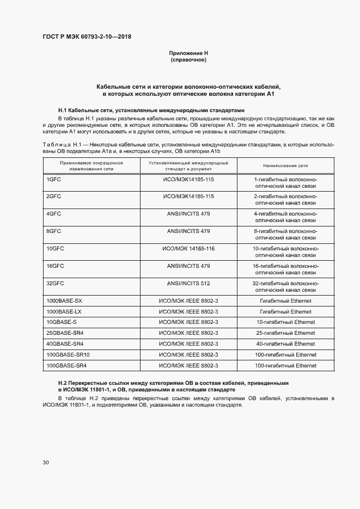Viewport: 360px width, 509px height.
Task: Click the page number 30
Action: click(46, 462)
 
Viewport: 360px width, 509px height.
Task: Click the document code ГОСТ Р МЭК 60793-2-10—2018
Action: click(87, 37)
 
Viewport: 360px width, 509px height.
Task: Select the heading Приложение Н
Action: click(188, 53)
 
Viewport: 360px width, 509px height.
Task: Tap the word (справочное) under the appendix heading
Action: click(188, 59)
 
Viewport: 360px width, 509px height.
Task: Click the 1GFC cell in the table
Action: click(53, 179)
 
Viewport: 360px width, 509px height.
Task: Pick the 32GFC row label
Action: click(56, 283)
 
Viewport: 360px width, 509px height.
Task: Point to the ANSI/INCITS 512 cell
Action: click(188, 283)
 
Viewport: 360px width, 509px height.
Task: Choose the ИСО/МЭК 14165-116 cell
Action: click(188, 248)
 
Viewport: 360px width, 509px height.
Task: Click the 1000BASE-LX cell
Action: click(64, 311)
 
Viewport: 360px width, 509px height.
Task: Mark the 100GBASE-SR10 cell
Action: click(68, 354)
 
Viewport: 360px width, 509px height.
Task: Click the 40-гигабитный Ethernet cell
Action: click(286, 344)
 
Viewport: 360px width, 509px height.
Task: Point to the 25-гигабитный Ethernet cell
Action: click(286, 333)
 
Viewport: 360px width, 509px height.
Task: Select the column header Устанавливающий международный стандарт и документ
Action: click(188, 165)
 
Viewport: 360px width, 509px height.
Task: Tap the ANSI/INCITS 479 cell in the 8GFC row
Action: click(188, 231)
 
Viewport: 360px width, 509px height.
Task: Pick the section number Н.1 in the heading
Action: click(63, 109)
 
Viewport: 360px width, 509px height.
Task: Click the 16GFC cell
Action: click(56, 266)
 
